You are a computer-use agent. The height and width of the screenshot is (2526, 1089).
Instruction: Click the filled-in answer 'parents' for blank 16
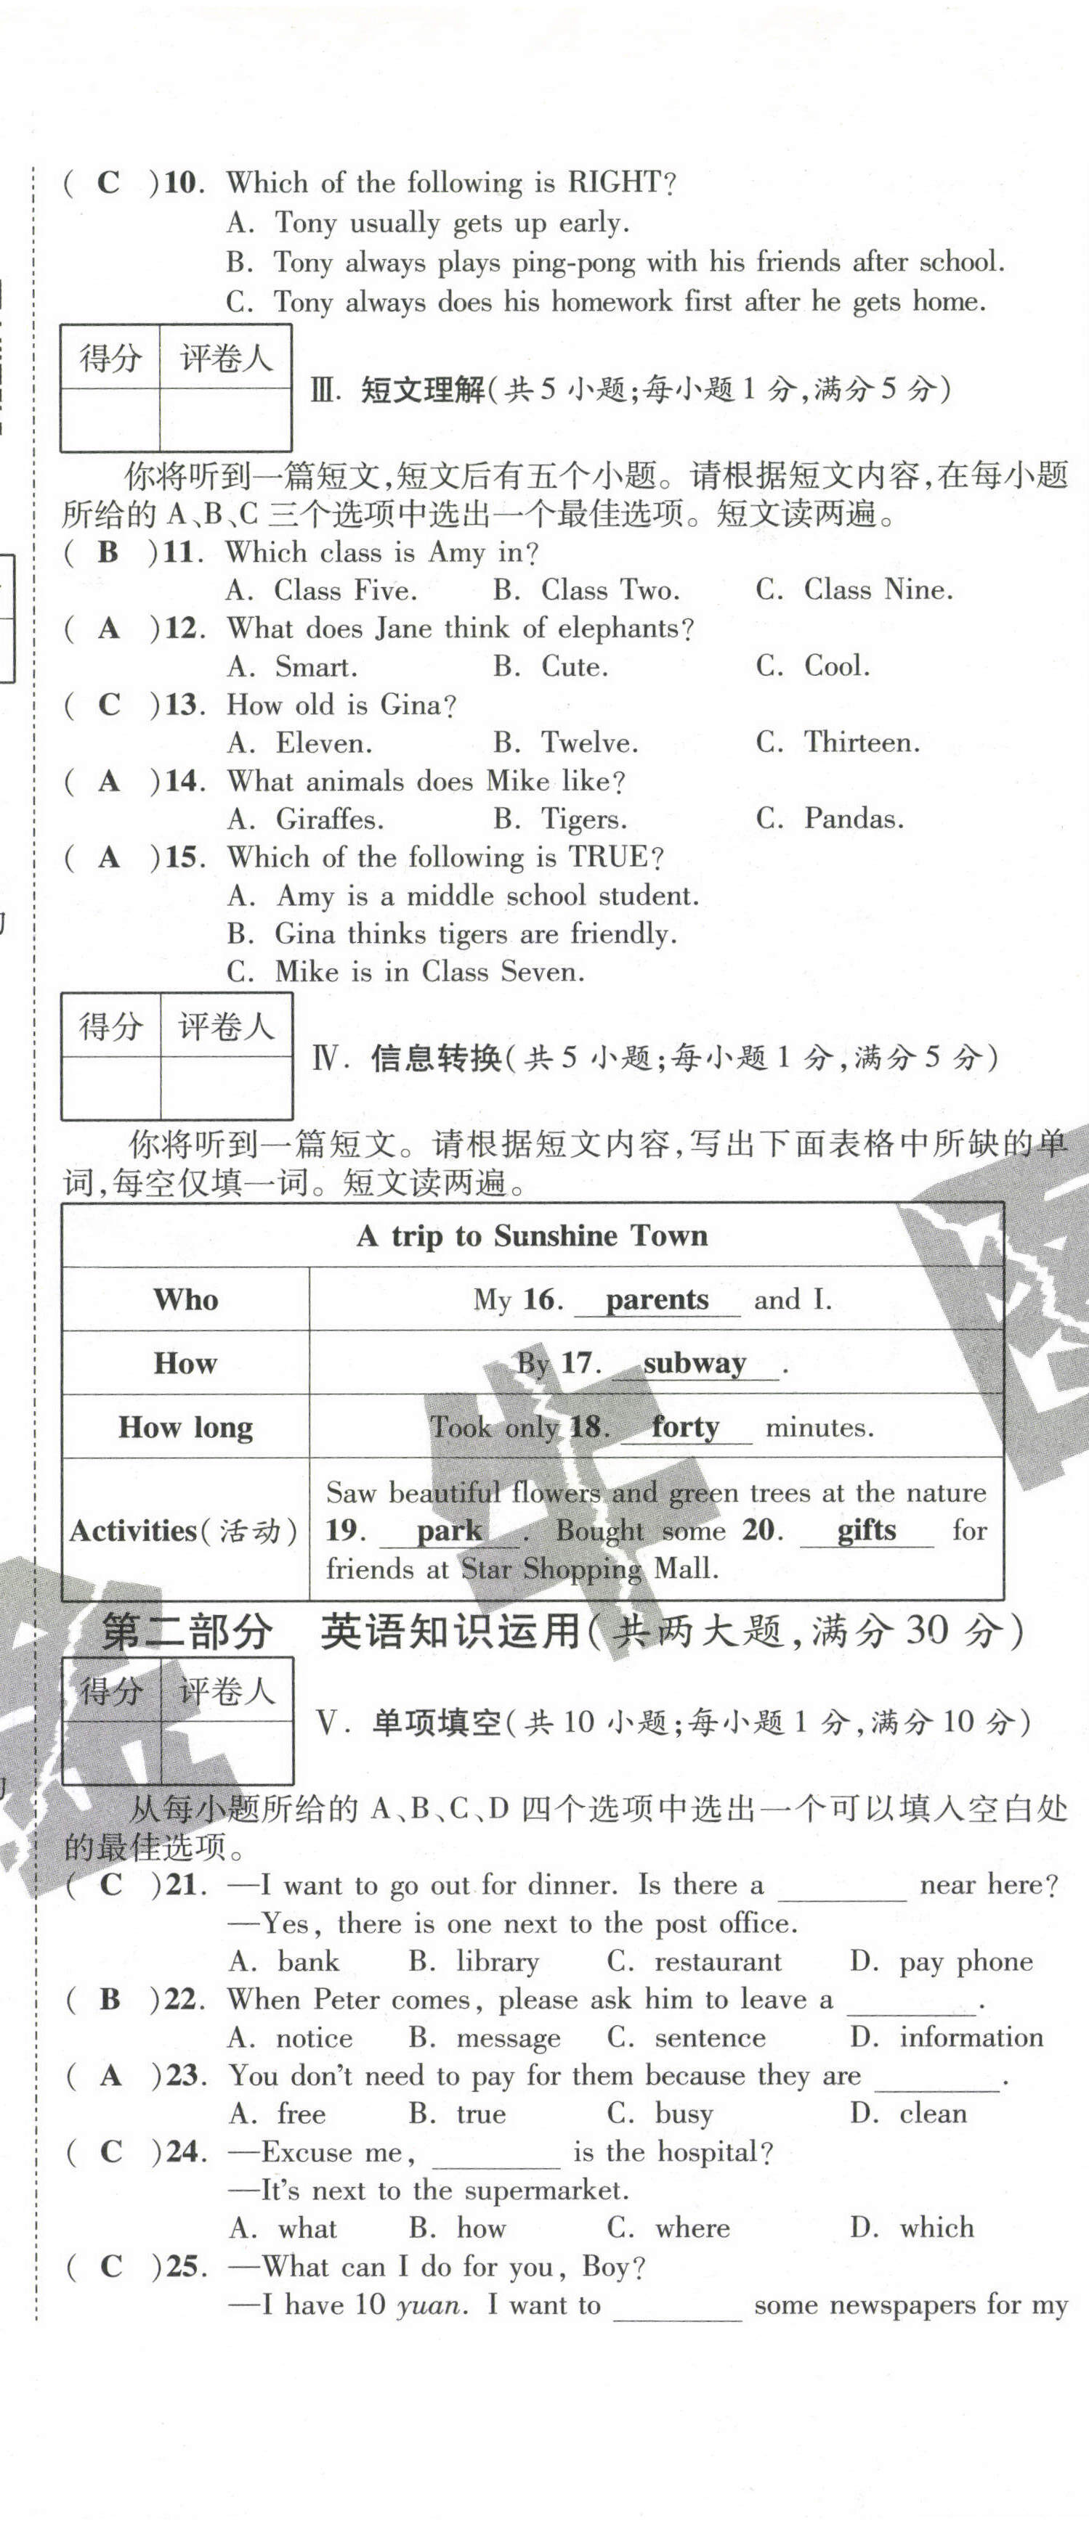click(656, 1299)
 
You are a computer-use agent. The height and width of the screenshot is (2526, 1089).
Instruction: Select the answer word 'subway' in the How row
click(694, 1363)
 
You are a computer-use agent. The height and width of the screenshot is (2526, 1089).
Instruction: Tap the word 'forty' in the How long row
click(685, 1427)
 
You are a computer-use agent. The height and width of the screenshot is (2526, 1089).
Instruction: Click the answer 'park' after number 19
click(448, 1531)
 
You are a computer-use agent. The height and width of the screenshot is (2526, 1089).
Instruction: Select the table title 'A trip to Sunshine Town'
click(532, 1235)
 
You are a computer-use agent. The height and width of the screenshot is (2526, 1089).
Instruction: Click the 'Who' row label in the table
click(185, 1299)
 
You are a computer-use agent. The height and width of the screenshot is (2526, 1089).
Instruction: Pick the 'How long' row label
click(185, 1427)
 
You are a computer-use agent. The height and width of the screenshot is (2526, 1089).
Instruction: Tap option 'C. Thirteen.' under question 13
click(838, 743)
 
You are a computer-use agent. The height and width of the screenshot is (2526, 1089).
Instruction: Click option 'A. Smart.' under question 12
click(291, 667)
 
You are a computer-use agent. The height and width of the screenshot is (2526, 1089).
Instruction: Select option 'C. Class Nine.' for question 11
click(854, 589)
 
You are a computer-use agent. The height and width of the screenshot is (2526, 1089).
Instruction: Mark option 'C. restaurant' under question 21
click(694, 1961)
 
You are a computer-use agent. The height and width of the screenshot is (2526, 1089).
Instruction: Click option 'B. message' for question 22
click(484, 2037)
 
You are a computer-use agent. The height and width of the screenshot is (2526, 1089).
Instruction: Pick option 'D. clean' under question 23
click(907, 2114)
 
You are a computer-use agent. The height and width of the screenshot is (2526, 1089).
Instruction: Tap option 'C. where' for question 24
click(668, 2229)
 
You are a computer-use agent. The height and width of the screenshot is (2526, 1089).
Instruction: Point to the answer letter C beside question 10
click(108, 182)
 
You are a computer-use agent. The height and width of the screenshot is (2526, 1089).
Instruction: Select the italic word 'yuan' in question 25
click(429, 2305)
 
